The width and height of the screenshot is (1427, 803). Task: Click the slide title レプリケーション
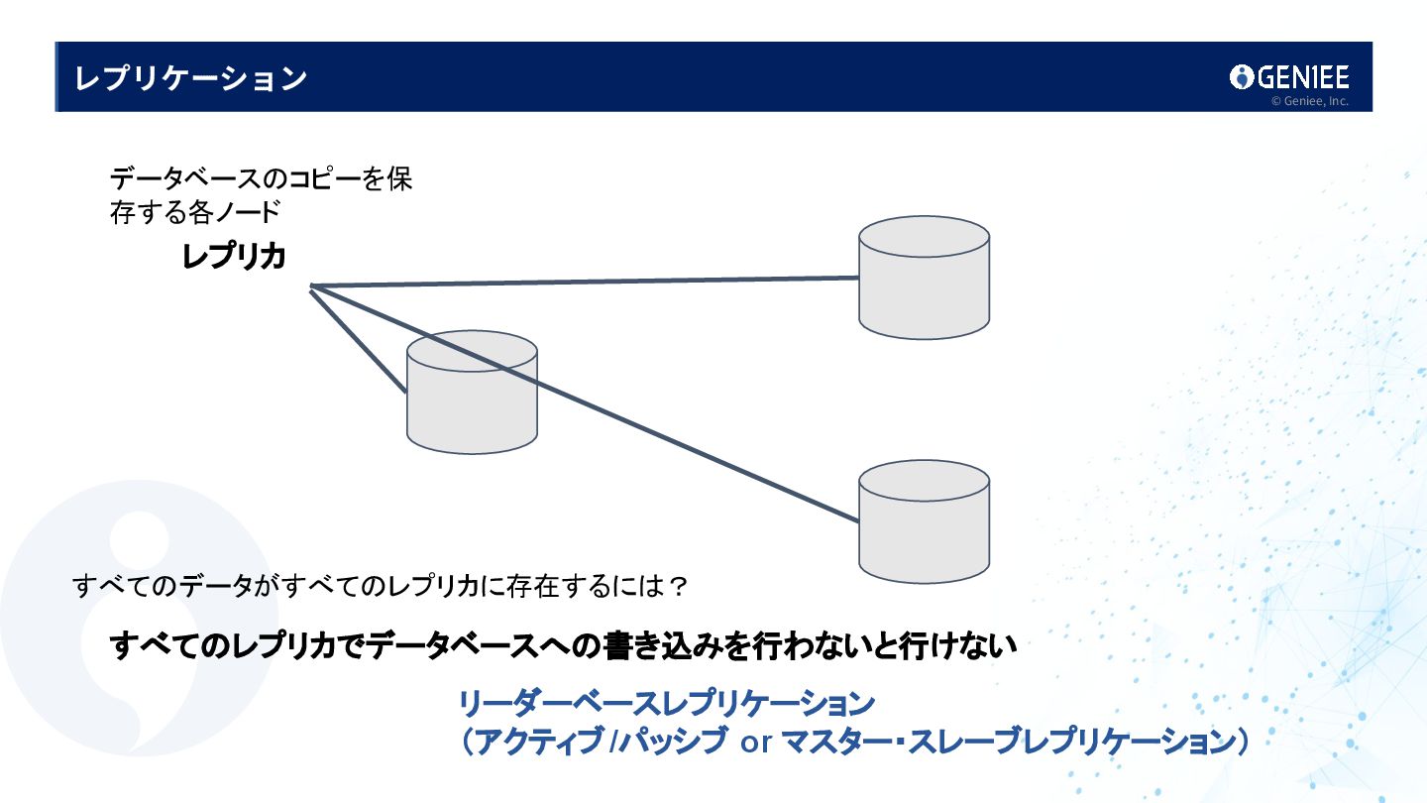pyautogui.click(x=190, y=78)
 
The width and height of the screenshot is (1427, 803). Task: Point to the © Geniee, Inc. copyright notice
pyautogui.click(x=1309, y=101)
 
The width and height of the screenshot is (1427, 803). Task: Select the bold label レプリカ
pyautogui.click(x=234, y=257)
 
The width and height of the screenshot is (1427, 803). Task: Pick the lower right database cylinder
pyautogui.click(x=924, y=521)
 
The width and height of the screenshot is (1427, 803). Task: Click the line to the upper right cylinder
pyautogui.click(x=585, y=283)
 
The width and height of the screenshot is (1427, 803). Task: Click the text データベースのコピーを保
pyautogui.click(x=261, y=180)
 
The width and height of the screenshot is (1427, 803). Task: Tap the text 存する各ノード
pyautogui.click(x=195, y=212)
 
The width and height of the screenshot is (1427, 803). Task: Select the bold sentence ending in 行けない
pyautogui.click(x=563, y=646)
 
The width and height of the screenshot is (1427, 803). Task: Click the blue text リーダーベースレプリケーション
pyautogui.click(x=666, y=705)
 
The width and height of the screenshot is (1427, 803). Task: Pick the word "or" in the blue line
pyautogui.click(x=756, y=743)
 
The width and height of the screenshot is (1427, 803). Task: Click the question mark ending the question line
pyautogui.click(x=678, y=587)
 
